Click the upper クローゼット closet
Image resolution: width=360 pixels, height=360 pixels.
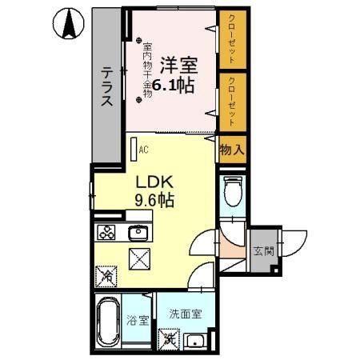[231, 39]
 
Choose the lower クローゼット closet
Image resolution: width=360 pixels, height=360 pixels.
[231, 100]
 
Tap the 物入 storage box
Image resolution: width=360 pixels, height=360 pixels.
[231, 149]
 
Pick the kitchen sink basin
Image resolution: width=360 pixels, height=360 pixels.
[138, 233]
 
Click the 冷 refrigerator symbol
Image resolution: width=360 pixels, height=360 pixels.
[106, 277]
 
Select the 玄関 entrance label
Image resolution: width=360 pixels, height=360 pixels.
[262, 251]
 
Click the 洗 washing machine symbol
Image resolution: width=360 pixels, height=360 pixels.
[170, 338]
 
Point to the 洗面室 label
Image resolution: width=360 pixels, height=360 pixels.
[186, 314]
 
